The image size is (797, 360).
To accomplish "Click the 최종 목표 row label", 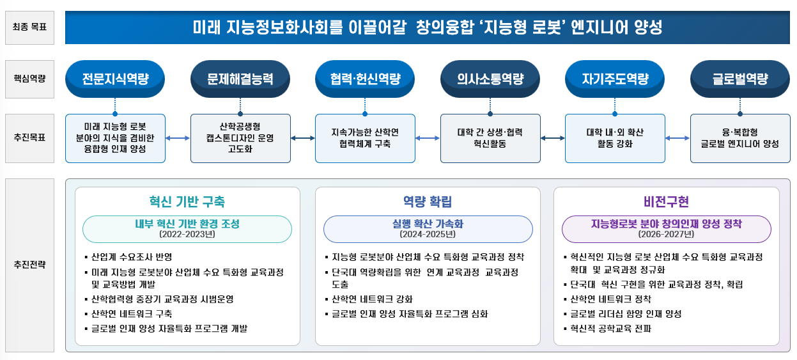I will (29, 27).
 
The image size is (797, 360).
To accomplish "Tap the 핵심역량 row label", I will (29, 79).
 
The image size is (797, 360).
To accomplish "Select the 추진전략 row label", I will (29, 264).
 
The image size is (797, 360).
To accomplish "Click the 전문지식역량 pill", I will (115, 79).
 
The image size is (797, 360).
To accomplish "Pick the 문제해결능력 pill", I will (240, 79).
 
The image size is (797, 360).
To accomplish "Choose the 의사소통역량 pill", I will (490, 79).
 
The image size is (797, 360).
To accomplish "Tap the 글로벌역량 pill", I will (740, 79).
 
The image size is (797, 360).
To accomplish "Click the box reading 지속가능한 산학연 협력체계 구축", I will (365, 138).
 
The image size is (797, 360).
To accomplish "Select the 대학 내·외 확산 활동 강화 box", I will (615, 138).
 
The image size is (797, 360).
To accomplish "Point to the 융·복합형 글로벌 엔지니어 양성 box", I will (740, 138).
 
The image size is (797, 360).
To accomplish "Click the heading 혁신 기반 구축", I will (187, 201).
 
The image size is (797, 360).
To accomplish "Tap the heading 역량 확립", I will (428, 201).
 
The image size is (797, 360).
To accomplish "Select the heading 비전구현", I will (667, 201).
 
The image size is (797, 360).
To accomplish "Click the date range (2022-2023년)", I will (187, 234).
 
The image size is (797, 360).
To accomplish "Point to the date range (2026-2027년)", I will (667, 234).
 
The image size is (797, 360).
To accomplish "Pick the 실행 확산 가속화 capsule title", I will (428, 224).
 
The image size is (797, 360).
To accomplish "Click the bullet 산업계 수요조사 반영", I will (132, 258).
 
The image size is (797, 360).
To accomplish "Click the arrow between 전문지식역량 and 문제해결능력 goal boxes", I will (178, 138).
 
